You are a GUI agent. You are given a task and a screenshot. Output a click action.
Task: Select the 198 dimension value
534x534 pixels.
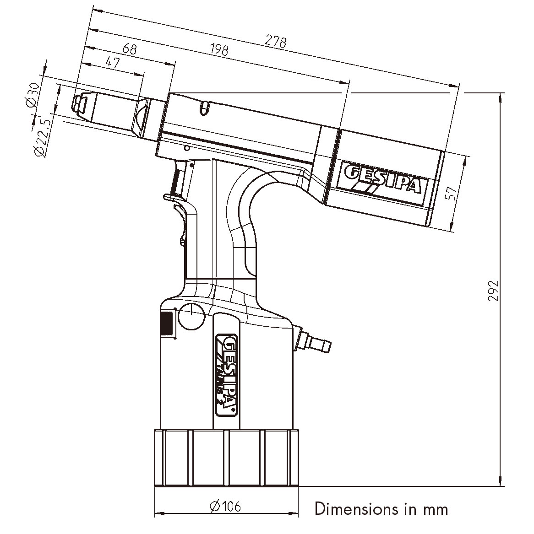click(218, 49)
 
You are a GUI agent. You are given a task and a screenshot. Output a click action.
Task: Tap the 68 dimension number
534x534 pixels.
click(130, 49)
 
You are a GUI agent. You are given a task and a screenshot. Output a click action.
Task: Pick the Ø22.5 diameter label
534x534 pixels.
click(42, 138)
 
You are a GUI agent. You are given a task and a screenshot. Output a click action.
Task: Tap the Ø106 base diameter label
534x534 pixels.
click(224, 506)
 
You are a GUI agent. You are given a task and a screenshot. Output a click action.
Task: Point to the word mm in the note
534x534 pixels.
click(435, 509)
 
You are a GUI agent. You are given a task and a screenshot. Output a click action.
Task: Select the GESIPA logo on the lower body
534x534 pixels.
click(226, 372)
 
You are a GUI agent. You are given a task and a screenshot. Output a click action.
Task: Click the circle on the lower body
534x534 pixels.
click(191, 315)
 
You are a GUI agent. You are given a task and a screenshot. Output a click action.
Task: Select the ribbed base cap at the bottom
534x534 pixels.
click(226, 458)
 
